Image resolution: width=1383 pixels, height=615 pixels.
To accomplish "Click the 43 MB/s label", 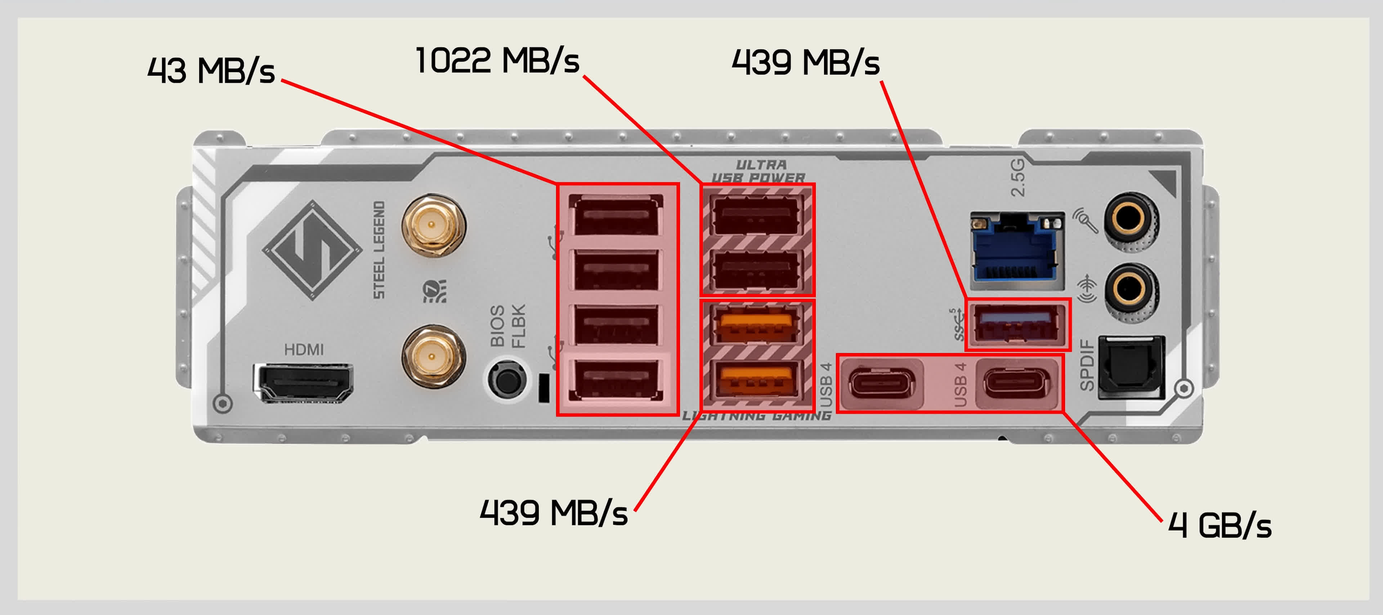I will coord(211,70).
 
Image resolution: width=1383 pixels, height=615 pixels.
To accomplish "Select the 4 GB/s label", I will coord(1220,525).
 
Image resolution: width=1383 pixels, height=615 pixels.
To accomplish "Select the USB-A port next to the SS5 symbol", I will coord(1017,324).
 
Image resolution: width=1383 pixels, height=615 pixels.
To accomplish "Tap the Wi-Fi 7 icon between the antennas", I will coord(434,291).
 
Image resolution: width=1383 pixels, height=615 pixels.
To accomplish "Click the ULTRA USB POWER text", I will coord(759,171).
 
